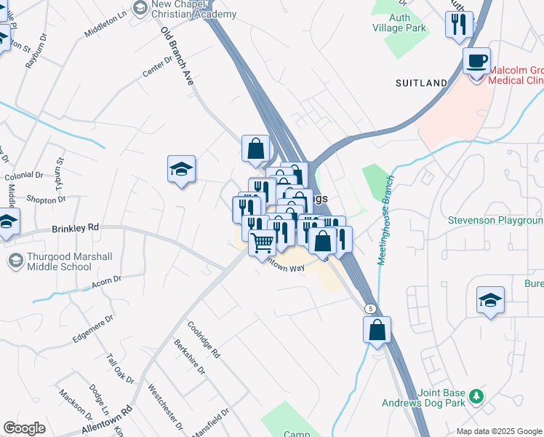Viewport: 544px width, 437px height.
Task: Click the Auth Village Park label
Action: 401,23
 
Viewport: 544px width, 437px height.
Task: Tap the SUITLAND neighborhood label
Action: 421,84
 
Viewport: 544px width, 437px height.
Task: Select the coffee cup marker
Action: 476,60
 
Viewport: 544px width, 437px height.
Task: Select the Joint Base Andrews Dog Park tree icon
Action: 476,395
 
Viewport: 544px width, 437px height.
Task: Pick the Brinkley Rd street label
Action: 75,228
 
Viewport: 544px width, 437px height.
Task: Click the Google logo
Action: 24,428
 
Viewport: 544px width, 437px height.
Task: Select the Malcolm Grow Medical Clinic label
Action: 516,76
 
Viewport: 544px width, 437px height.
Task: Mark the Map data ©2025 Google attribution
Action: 499,431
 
